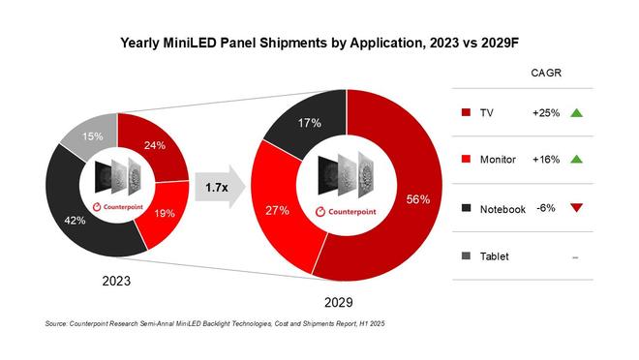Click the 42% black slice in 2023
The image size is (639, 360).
[x=73, y=220]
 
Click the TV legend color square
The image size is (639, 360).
[x=469, y=113]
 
